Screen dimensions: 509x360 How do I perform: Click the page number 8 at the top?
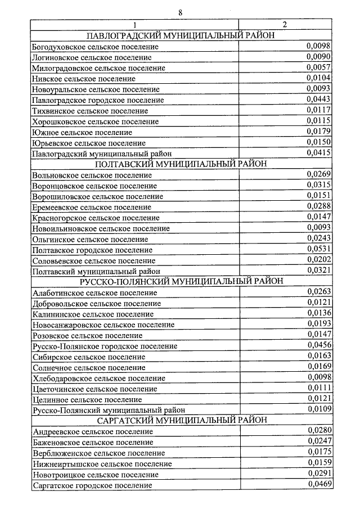[181, 12]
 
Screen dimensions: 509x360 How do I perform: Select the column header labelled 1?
[134, 25]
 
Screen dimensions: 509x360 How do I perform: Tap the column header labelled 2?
[285, 25]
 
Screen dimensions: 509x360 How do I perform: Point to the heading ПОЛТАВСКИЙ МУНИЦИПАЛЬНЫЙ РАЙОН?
[181, 164]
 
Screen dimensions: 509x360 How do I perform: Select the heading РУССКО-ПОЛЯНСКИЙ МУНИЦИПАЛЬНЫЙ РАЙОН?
[181, 281]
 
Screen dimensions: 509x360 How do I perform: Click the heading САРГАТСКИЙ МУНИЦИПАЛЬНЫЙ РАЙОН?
[181, 420]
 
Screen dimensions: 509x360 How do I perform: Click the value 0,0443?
[318, 100]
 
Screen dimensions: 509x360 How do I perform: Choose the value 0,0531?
[318, 249]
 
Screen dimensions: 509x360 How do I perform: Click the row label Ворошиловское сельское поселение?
[98, 196]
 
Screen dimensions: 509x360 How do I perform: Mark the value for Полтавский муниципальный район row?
[318, 271]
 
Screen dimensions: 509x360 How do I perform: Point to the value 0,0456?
[318, 345]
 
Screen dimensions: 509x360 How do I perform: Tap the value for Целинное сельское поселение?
[318, 399]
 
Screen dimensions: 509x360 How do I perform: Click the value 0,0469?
[318, 484]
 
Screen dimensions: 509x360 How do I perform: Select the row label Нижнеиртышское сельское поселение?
[102, 464]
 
